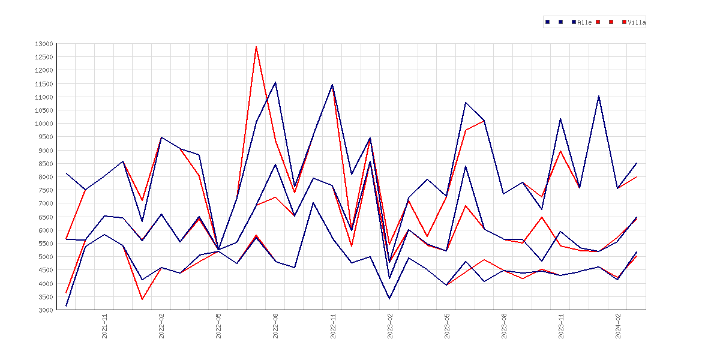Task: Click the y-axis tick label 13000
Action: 44,44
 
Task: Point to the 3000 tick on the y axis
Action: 46,310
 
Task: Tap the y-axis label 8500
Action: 46,164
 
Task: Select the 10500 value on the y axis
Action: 44,110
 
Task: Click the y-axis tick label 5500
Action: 46,244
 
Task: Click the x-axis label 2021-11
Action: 105,326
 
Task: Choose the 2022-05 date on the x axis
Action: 219,326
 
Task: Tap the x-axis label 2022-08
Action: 276,326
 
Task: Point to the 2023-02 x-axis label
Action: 390,326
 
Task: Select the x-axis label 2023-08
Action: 504,326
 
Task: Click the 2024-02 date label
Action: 618,326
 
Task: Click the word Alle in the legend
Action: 585,22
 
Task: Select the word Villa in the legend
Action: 637,22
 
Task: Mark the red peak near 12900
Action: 256,47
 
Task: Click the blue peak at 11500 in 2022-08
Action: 275,82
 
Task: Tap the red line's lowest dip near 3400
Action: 142,299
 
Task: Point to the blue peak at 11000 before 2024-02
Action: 599,96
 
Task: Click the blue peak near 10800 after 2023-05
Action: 466,103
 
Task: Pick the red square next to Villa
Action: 624,22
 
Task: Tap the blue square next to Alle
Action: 574,22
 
